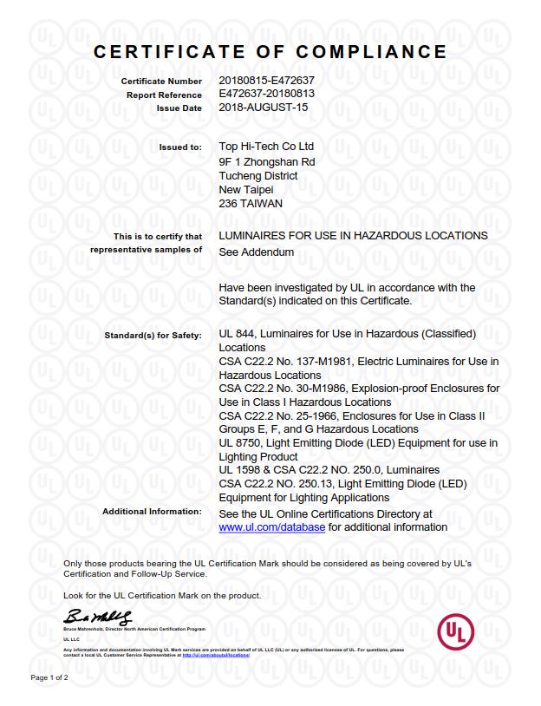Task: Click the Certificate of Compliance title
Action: point(270,52)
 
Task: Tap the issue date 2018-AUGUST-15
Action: point(264,108)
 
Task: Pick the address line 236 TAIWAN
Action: point(251,204)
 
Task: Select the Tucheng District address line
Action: point(258,175)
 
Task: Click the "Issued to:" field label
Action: point(180,147)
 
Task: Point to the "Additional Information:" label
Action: point(152,512)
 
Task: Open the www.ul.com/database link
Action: point(271,526)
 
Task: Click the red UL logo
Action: point(455,632)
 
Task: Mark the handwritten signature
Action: point(97,618)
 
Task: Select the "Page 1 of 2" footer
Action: point(49,677)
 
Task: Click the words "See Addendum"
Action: point(257,252)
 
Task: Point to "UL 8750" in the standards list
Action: point(242,443)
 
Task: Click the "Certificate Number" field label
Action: point(161,82)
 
